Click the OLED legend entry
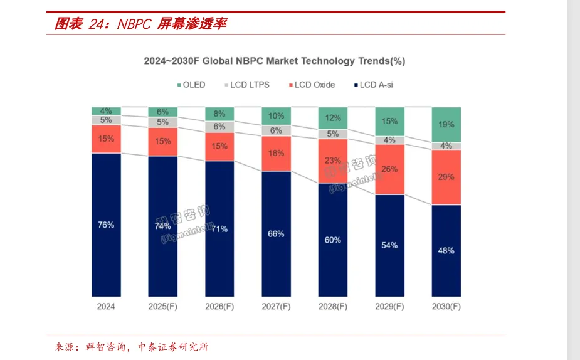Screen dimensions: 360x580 (191, 85)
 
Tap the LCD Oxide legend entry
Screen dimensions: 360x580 (310, 85)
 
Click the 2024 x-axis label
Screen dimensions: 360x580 (106, 307)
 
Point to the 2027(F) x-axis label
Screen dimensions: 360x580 (277, 307)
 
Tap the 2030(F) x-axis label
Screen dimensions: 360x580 (446, 307)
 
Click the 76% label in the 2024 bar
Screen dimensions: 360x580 (106, 225)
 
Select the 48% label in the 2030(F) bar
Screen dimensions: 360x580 (446, 250)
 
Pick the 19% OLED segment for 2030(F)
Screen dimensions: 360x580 (446, 125)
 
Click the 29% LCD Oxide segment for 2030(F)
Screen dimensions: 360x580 (446, 177)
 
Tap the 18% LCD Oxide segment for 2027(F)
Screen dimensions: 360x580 (277, 154)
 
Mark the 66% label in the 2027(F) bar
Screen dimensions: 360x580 (277, 233)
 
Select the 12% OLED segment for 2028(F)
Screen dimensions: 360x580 (333, 118)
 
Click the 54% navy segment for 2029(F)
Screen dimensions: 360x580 (389, 245)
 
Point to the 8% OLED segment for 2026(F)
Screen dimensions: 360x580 (219, 114)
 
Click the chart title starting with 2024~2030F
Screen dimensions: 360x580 (275, 61)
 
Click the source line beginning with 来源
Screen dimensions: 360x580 (132, 347)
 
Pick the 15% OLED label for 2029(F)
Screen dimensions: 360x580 (389, 121)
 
